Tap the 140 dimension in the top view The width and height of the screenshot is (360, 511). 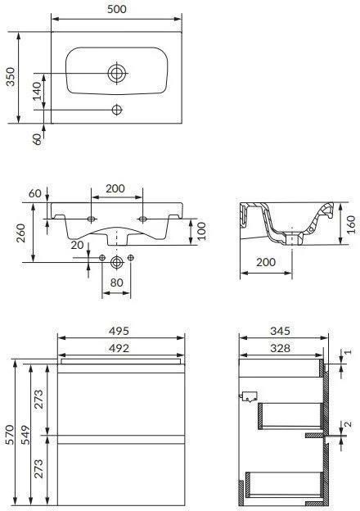37,91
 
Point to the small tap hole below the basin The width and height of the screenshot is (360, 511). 117,109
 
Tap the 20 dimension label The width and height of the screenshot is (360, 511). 76,244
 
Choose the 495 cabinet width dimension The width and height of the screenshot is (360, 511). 120,331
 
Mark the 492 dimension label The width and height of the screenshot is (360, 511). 120,346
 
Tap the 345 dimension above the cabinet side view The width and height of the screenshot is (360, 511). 281,331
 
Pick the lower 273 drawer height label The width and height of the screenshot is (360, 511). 39,468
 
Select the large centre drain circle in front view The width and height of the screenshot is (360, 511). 117,261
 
